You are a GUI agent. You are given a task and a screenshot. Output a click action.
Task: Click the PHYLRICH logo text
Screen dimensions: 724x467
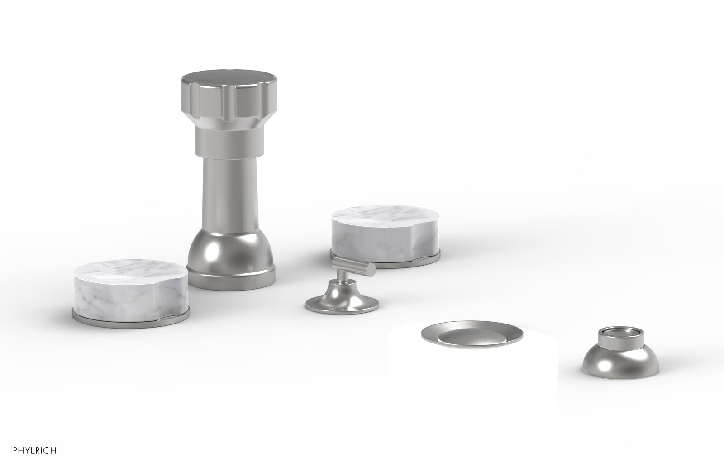(x=35, y=450)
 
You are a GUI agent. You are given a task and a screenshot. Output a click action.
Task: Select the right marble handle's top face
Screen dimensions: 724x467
(x=386, y=217)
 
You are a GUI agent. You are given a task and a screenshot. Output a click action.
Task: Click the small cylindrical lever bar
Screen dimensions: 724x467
(x=354, y=266)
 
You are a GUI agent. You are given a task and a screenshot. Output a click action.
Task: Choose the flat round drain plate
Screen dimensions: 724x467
(x=472, y=334)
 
